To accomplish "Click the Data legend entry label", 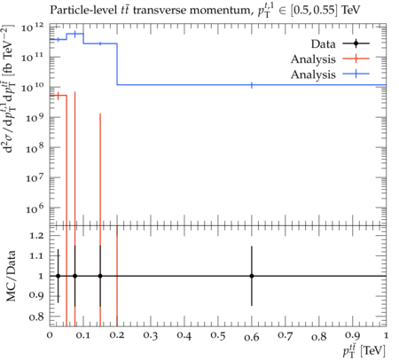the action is pyautogui.click(x=323, y=44).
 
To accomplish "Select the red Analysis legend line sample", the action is pyautogui.click(x=356, y=59).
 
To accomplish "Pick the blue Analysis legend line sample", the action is pyautogui.click(x=356, y=74).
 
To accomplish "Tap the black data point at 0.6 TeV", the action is pyautogui.click(x=252, y=276).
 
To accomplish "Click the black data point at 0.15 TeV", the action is pyautogui.click(x=100, y=276).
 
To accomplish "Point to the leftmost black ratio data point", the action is pyautogui.click(x=59, y=276).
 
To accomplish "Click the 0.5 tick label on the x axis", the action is pyautogui.click(x=218, y=336).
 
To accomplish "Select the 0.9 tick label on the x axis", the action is pyautogui.click(x=352, y=336).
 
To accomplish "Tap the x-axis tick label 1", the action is pyautogui.click(x=386, y=336).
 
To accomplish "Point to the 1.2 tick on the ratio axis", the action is pyautogui.click(x=36, y=236).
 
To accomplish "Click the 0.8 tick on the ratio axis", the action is pyautogui.click(x=36, y=317).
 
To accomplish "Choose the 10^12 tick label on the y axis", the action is pyautogui.click(x=33, y=28).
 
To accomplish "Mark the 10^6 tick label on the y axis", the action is pyautogui.click(x=35, y=209).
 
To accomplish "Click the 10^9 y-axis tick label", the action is pyautogui.click(x=35, y=118).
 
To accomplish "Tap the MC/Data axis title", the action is pyautogui.click(x=11, y=276).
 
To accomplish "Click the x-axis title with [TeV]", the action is pyautogui.click(x=364, y=351).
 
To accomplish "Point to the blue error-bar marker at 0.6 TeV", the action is pyautogui.click(x=252, y=85).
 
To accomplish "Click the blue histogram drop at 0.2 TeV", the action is pyautogui.click(x=117, y=64).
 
